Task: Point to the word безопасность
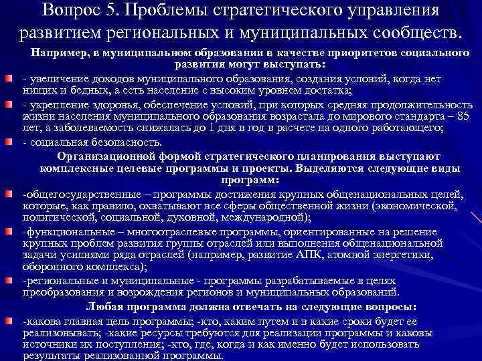[114, 142]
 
